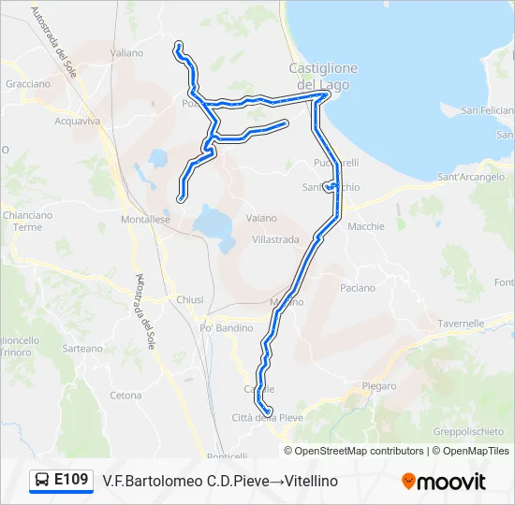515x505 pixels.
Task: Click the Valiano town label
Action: coord(126,53)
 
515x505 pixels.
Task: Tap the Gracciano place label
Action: coord(28,83)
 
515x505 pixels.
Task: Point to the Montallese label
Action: coord(145,220)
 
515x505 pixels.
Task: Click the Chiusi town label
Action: coord(190,299)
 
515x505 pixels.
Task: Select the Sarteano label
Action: coord(82,348)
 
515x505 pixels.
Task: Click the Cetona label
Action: coord(125,396)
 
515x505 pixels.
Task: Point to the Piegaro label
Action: coord(378,385)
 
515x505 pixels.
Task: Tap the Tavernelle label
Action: coord(461,324)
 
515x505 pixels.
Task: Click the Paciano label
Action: coord(358,288)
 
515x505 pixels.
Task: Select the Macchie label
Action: coord(366,226)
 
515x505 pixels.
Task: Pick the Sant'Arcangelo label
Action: coord(470,177)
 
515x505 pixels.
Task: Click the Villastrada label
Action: coord(275,239)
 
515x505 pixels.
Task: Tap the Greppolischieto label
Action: coord(468,432)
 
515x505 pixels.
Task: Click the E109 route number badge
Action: coord(71,480)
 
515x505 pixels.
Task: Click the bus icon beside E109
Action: coord(43,481)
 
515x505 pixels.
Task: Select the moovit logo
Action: coord(444,482)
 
